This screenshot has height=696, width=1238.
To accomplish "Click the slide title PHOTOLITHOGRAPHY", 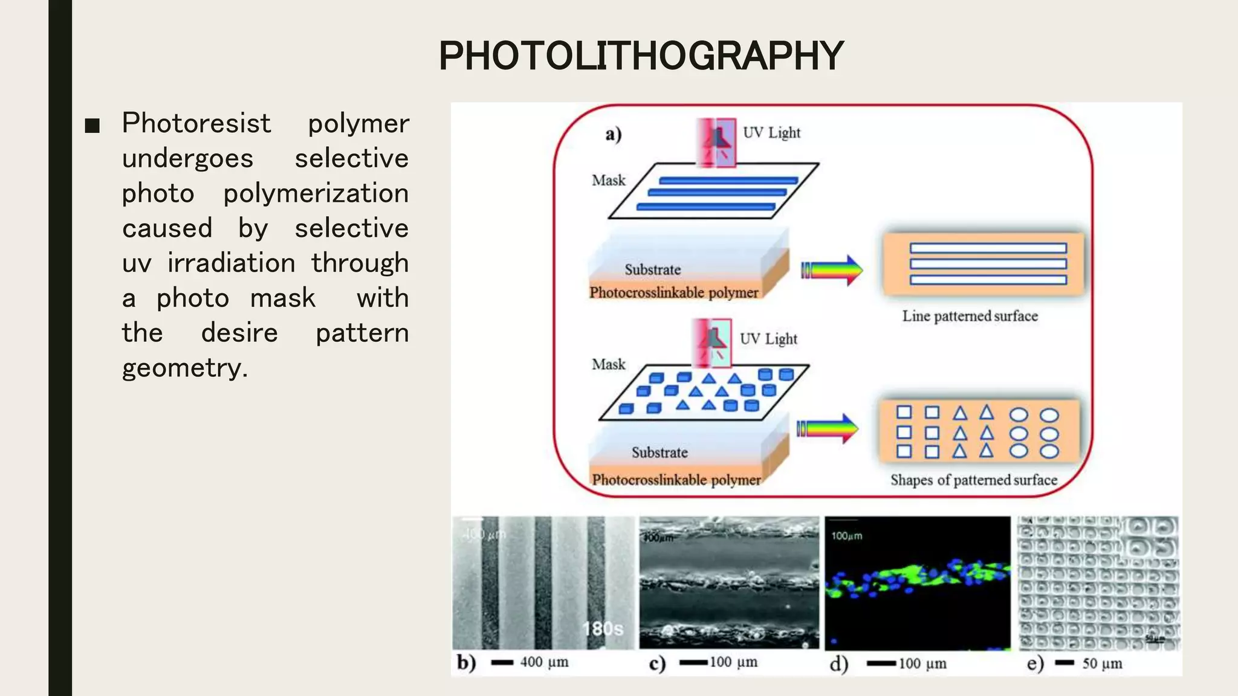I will pos(641,56).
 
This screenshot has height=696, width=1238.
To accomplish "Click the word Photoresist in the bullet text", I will pos(196,123).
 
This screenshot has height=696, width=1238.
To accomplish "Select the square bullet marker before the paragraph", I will pos(92,126).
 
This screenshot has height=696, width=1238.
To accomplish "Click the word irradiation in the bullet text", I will pos(232,263).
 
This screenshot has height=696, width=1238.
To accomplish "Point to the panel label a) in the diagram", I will pos(613,134).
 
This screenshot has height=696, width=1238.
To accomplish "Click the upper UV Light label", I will pos(771,133).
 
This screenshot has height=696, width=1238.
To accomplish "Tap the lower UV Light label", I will pos(768,339).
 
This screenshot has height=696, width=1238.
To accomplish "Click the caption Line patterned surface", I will pos(970,316).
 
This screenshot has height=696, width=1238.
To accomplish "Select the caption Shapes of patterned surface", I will pos(973,480).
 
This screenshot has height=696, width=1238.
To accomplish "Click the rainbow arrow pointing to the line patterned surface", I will pos(832,270).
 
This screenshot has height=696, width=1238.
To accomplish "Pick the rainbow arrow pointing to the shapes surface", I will pos(828,429).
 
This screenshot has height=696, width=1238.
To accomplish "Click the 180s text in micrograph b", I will pos(603,629).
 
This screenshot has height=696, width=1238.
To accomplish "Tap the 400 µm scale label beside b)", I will pos(544,662).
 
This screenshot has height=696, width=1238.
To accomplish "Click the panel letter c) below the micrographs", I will pos(657,663).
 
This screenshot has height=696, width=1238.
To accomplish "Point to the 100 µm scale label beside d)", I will pos(922,663).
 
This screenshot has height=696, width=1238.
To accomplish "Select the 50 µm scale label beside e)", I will pos(1102,663).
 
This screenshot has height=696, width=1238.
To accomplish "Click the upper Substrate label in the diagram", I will pos(652,269).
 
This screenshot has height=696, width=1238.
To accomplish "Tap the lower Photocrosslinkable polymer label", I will pos(676,480).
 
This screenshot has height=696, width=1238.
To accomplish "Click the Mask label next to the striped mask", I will pos(608,181).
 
